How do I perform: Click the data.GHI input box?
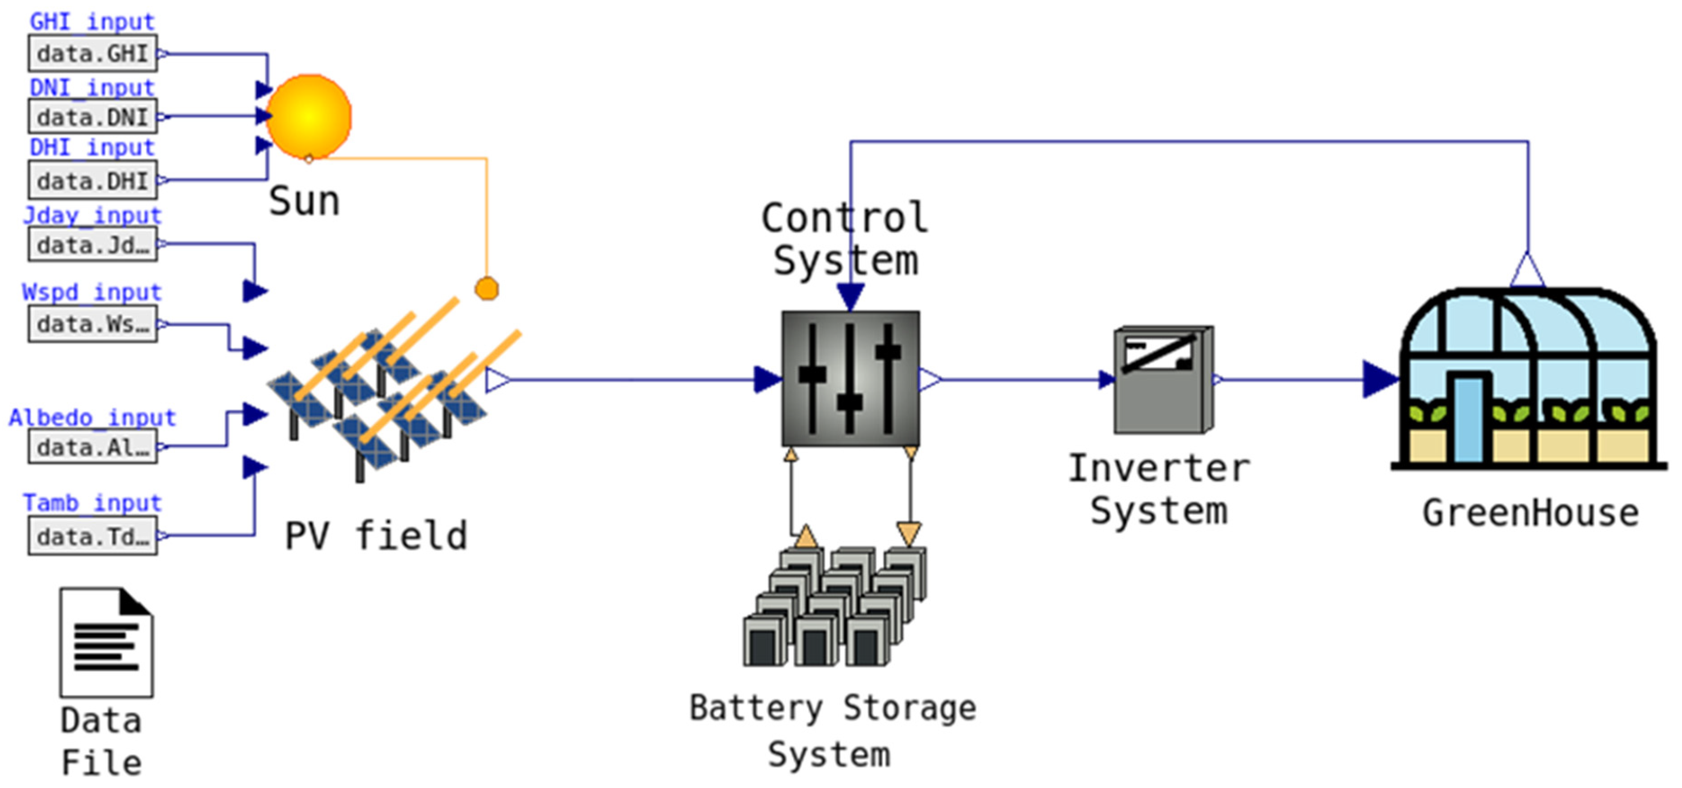pyautogui.click(x=92, y=54)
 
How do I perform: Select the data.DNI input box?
pyautogui.click(x=92, y=117)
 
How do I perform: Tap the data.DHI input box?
pyautogui.click(x=92, y=180)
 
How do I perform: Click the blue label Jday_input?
pyautogui.click(x=92, y=215)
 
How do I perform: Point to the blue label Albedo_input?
pyautogui.click(x=92, y=418)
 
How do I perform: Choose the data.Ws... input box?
pyautogui.click(x=92, y=324)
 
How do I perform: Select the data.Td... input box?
pyautogui.click(x=92, y=536)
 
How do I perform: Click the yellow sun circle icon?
pyautogui.click(x=309, y=116)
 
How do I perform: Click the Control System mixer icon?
pyautogui.click(x=850, y=379)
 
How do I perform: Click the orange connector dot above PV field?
pyautogui.click(x=486, y=288)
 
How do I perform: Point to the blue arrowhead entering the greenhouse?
pyautogui.click(x=1379, y=379)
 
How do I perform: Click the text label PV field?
pyautogui.click(x=376, y=536)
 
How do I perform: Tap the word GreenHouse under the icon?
pyautogui.click(x=1530, y=513)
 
